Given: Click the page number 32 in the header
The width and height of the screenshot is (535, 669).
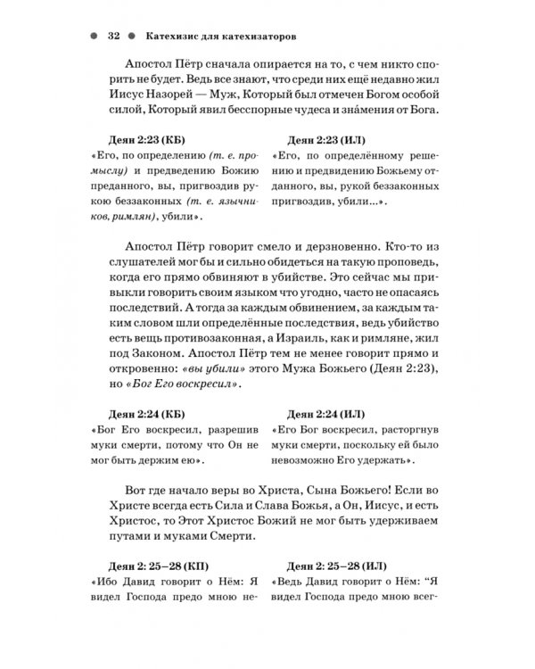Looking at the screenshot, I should [x=113, y=37].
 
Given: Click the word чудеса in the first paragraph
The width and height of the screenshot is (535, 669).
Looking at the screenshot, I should [x=304, y=111].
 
